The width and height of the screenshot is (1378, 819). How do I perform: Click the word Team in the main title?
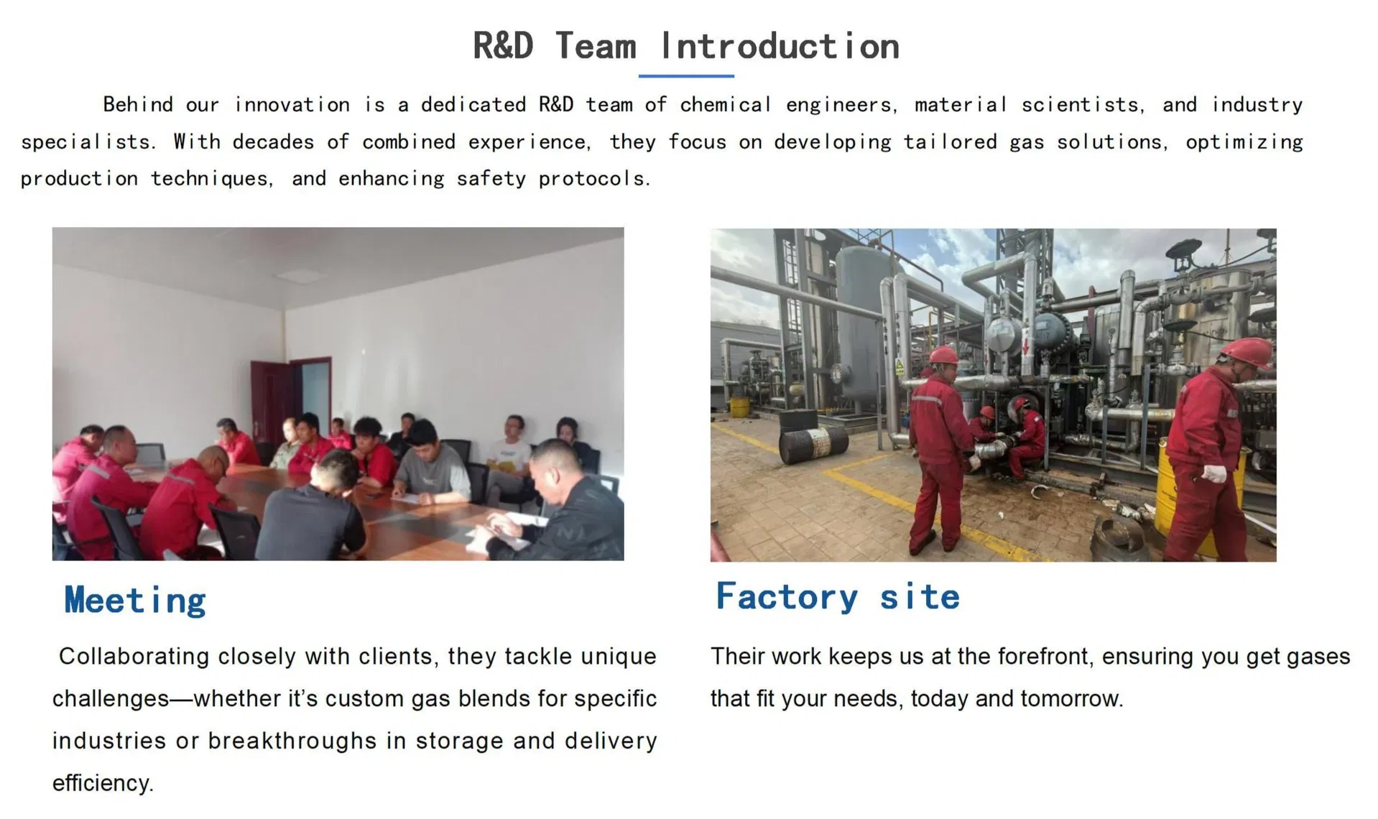(596, 47)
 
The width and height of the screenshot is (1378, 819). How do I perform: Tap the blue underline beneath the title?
(685, 75)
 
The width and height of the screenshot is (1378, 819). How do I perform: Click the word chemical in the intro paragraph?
(725, 105)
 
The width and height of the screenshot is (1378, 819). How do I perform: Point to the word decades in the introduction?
(273, 142)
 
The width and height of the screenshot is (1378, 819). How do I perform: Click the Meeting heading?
(135, 601)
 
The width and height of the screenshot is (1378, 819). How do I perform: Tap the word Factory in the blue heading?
(787, 597)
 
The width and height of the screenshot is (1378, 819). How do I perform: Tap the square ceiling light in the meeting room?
(302, 275)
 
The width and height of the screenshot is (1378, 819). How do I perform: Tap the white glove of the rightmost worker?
(1216, 474)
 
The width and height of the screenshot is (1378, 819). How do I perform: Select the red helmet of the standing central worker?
(943, 355)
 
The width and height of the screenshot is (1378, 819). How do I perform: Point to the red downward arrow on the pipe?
(1025, 346)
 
